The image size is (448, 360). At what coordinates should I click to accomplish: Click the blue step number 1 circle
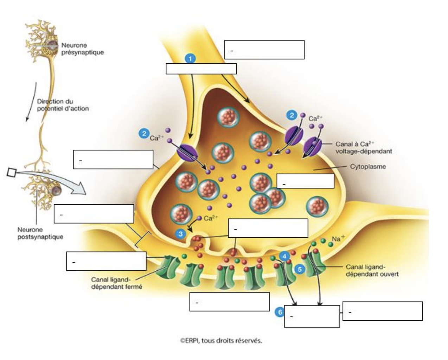click(x=190, y=59)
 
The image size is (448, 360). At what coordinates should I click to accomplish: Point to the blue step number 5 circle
click(x=300, y=269)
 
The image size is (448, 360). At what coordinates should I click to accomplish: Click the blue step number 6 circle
click(x=280, y=312)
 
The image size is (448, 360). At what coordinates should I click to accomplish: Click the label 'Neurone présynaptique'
click(x=82, y=49)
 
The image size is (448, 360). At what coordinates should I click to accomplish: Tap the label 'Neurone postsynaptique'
click(x=40, y=233)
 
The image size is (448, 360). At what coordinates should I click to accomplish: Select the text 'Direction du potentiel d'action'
click(x=63, y=105)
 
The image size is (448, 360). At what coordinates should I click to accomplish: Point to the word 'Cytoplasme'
click(x=368, y=167)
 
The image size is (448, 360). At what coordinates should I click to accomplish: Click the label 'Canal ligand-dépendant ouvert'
click(x=372, y=270)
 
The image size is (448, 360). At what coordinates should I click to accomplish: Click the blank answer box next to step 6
click(x=312, y=316)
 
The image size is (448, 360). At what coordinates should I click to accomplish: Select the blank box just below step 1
click(x=201, y=69)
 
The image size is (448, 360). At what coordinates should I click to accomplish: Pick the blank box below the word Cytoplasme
click(x=305, y=181)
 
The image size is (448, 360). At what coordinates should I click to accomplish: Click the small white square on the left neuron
click(x=11, y=172)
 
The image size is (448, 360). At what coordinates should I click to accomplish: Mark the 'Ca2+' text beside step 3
click(x=211, y=218)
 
